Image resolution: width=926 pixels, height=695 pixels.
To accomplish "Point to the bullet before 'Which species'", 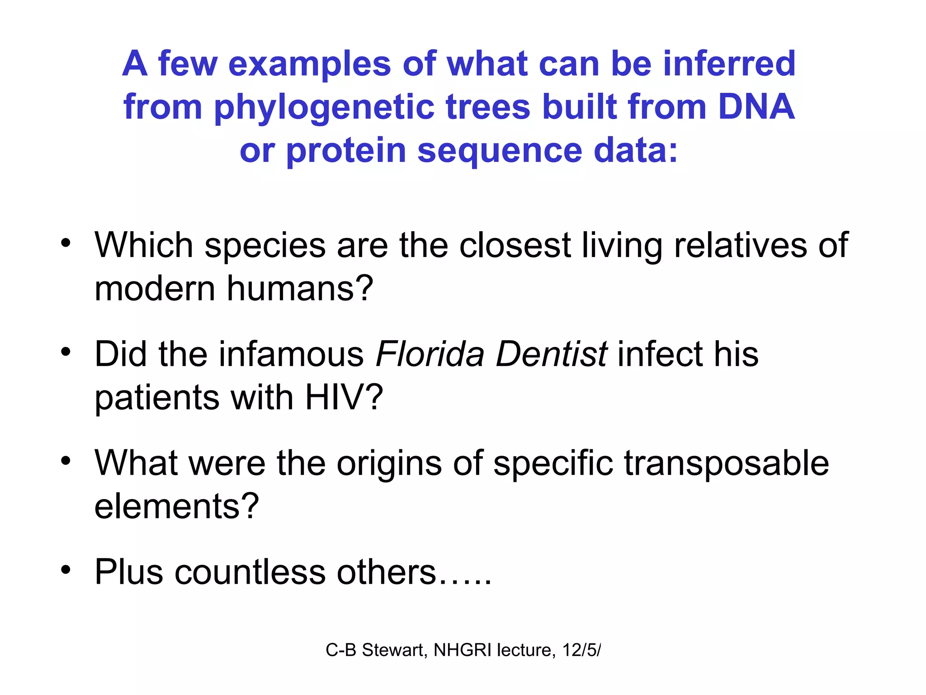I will [x=66, y=243].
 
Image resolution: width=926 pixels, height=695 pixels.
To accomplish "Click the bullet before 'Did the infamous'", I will [x=66, y=352].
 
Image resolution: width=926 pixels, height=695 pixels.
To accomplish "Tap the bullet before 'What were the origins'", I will [x=66, y=461].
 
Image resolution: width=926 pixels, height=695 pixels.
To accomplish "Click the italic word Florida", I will [x=430, y=354].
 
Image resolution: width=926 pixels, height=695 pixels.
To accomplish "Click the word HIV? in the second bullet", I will [x=344, y=397].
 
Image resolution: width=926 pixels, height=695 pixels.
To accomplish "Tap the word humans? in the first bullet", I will [x=300, y=288].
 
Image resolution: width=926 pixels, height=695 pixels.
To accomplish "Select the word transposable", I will [x=727, y=464].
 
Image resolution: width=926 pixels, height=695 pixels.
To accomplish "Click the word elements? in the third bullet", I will [x=176, y=506].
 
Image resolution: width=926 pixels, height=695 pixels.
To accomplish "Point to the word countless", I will [x=250, y=572].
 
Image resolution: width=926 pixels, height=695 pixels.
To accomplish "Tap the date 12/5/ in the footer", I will [x=581, y=650].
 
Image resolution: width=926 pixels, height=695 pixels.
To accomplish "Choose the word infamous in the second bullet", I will [x=291, y=354].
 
